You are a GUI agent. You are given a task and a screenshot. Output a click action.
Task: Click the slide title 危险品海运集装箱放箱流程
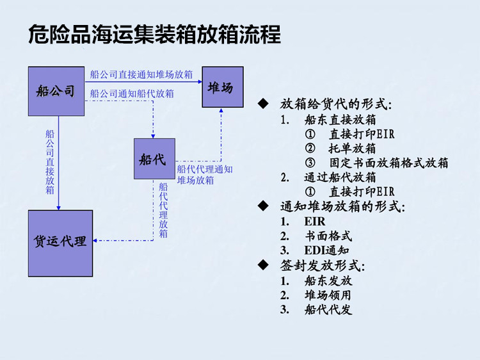tap(154, 35)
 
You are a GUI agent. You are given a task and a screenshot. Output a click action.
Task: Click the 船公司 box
tap(56, 91)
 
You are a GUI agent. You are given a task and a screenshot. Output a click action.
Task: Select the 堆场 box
tap(223, 87)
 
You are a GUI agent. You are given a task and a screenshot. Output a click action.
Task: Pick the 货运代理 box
tap(60, 243)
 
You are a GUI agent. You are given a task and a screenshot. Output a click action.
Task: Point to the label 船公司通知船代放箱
tap(132, 94)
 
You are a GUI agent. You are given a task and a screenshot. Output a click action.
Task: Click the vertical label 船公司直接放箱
tap(50, 162)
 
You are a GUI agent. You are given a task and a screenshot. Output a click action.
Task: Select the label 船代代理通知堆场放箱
tap(205, 175)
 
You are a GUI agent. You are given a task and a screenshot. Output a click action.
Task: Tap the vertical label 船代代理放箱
tap(163, 211)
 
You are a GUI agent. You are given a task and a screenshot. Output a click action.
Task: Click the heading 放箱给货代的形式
tap(335, 104)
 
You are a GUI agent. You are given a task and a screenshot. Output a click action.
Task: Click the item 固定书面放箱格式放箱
tap(388, 163)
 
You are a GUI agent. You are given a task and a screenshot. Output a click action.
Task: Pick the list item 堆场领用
tap(328, 295)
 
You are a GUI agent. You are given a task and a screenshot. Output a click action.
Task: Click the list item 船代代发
tap(328, 310)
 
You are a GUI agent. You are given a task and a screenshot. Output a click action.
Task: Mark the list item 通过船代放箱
tap(340, 177)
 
